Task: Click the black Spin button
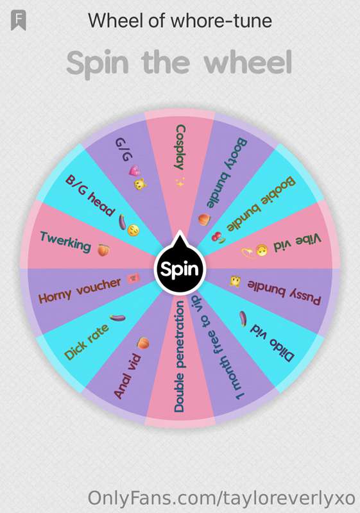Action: coord(180,269)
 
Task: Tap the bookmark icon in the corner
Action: coord(19,21)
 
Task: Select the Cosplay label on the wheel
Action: coord(180,147)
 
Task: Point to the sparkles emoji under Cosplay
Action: coord(180,182)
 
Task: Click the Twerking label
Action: coord(65,242)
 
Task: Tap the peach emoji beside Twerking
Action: coord(103,250)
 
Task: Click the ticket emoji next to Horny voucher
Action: coord(133,278)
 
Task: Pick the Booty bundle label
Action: coord(227,173)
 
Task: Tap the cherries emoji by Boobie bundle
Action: coord(218,237)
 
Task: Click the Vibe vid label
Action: coord(297,244)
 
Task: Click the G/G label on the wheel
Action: coord(124,149)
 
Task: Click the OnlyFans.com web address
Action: coord(221,498)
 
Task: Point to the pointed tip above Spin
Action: coord(180,231)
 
